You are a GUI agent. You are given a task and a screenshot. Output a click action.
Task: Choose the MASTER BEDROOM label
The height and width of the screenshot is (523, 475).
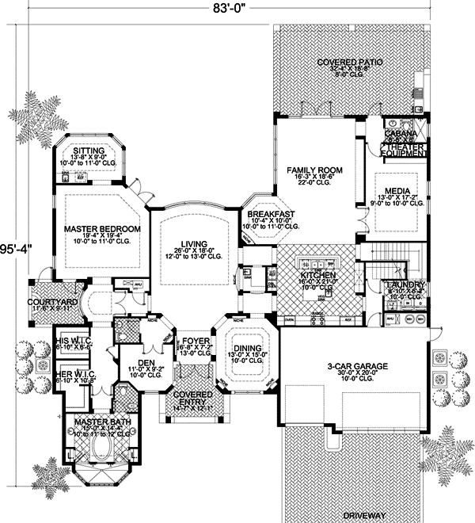[x=102, y=229]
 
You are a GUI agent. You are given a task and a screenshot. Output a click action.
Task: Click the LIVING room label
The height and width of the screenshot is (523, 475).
[x=193, y=243]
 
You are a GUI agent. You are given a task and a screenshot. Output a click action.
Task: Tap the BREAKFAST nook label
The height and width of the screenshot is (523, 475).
[x=271, y=214]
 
